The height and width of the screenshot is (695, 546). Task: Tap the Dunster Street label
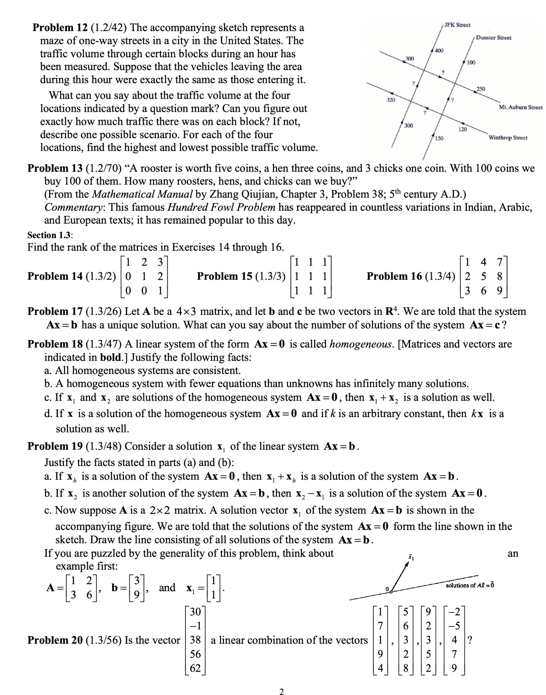[493, 38]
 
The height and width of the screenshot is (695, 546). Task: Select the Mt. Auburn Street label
[521, 108]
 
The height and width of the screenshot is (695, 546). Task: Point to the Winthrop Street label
[508, 138]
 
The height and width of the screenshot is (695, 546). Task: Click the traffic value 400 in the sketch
[439, 51]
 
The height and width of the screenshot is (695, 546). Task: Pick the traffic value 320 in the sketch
[391, 100]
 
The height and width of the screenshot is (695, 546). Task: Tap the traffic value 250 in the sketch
[481, 89]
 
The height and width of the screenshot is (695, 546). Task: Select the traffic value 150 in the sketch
[439, 138]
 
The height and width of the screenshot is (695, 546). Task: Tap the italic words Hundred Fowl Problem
[221, 207]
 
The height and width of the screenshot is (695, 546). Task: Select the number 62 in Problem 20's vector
[195, 668]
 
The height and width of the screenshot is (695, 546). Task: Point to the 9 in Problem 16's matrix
[499, 291]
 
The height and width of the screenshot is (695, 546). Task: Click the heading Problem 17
[55, 311]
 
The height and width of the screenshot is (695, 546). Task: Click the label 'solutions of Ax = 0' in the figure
[470, 585]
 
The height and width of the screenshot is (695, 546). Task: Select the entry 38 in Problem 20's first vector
[195, 640]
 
